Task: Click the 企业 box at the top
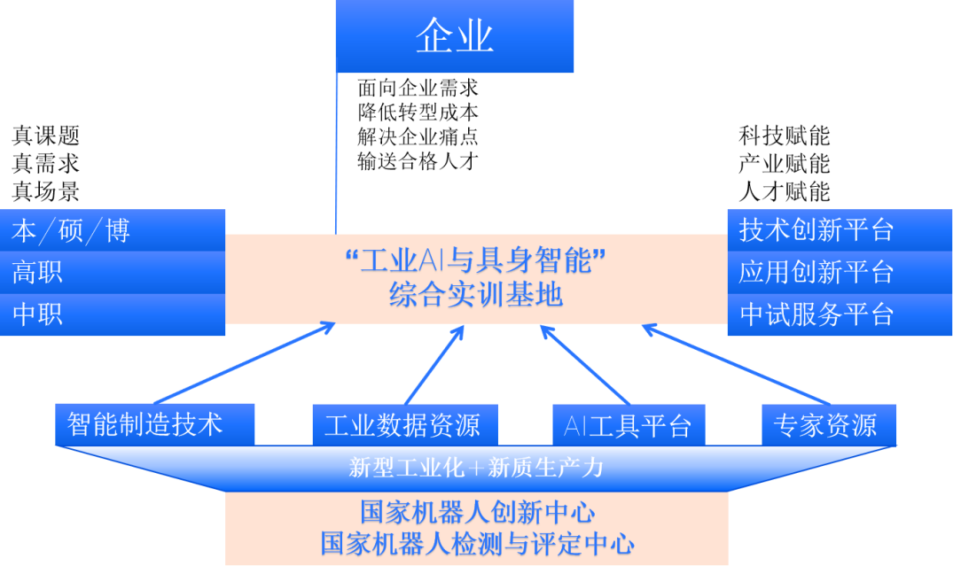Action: [455, 36]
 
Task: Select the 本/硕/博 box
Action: [113, 230]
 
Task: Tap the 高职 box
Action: [113, 272]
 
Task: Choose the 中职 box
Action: [113, 314]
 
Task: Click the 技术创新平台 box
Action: [839, 230]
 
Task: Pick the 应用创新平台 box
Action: [839, 272]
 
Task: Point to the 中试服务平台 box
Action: [839, 314]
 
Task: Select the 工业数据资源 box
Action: [403, 425]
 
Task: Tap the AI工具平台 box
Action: [629, 425]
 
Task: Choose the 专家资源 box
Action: [828, 425]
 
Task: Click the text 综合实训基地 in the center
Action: [476, 294]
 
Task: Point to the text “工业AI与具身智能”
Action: [476, 260]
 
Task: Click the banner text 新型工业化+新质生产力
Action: [476, 468]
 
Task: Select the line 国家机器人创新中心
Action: [476, 512]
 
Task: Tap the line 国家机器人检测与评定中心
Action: [476, 543]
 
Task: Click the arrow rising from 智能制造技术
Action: [244, 363]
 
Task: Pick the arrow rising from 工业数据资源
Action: [435, 364]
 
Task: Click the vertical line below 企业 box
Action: [337, 151]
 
